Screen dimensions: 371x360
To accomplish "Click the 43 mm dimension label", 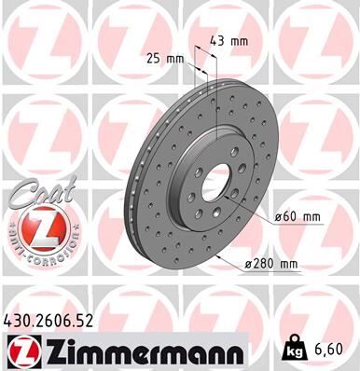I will click(233, 42).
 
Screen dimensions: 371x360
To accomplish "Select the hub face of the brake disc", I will click(200, 158).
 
